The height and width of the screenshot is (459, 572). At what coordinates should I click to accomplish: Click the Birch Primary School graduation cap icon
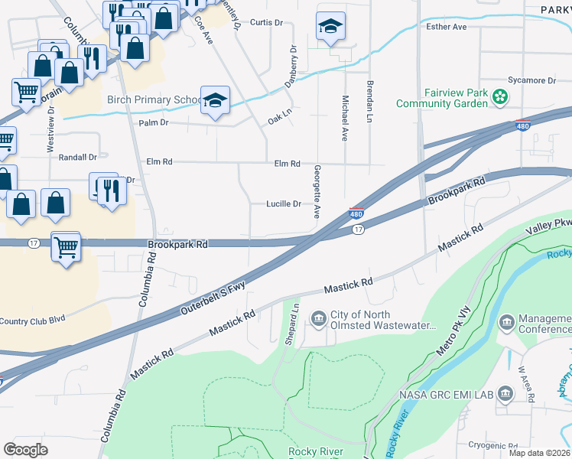(216, 100)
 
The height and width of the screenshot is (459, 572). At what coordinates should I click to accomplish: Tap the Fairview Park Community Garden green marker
(500, 97)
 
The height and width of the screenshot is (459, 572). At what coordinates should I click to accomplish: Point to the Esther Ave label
(447, 27)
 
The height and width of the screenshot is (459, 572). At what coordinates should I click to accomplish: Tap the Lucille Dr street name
(283, 204)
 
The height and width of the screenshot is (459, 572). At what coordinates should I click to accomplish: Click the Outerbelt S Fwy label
(213, 296)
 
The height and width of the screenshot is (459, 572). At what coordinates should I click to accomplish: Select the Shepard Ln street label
(291, 324)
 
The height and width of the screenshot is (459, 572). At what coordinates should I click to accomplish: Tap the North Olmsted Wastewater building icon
(317, 317)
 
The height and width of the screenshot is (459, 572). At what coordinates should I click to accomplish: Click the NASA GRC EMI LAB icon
(505, 394)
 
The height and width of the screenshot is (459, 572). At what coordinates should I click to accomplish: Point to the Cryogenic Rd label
(495, 444)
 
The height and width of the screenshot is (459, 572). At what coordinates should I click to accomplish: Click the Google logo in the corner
(25, 449)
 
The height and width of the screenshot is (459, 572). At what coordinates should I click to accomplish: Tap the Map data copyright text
(538, 453)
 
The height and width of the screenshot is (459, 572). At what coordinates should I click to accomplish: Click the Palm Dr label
(154, 122)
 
